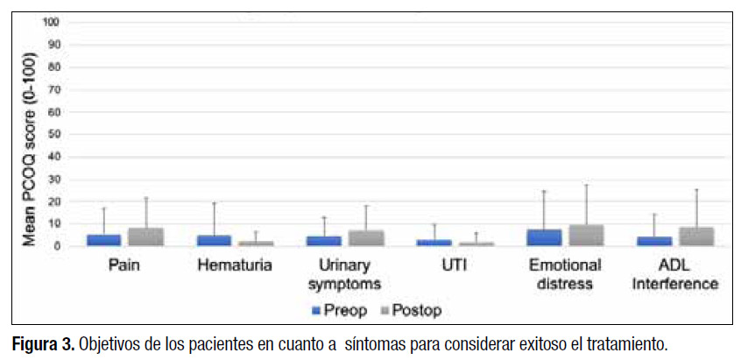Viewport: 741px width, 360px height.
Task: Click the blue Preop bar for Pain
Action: (x=104, y=240)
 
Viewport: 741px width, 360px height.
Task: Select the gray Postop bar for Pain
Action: (x=146, y=237)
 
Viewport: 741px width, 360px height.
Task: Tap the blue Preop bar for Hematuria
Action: (x=214, y=241)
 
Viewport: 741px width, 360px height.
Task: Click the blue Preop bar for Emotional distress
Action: (x=544, y=237)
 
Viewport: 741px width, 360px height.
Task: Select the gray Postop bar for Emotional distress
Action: (x=586, y=236)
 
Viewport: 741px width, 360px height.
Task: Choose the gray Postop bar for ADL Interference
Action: (x=696, y=236)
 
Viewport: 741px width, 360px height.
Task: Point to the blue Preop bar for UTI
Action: (x=434, y=243)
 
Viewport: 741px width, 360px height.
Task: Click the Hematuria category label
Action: (x=235, y=263)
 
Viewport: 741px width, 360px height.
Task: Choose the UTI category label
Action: (x=455, y=263)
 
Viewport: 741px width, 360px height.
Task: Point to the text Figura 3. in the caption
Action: (x=42, y=342)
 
